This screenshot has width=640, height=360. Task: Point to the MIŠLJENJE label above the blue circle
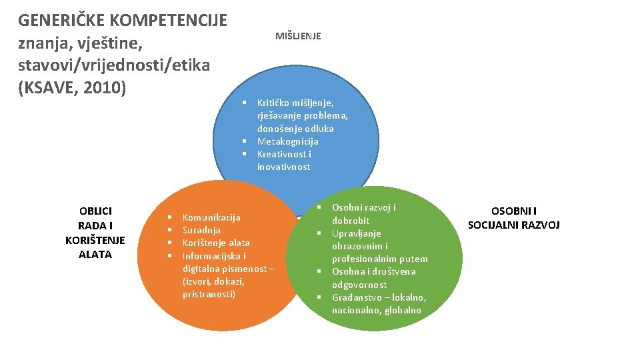coord(298,36)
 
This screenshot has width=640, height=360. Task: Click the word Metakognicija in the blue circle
coord(287,141)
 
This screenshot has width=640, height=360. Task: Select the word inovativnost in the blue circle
coord(283,167)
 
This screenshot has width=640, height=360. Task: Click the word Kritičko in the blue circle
coord(276,103)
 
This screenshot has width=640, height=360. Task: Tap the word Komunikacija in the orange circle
coord(211,217)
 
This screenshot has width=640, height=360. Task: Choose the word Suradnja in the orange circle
coord(201,230)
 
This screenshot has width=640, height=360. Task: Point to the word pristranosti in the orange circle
coord(209,294)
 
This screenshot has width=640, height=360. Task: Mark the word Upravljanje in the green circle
coord(356,233)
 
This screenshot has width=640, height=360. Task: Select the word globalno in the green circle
coord(403,310)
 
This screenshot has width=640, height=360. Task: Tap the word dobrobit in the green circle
coord(351,221)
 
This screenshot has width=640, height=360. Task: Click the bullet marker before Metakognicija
coord(245,141)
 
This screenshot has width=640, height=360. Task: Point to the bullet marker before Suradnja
coord(171,230)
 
